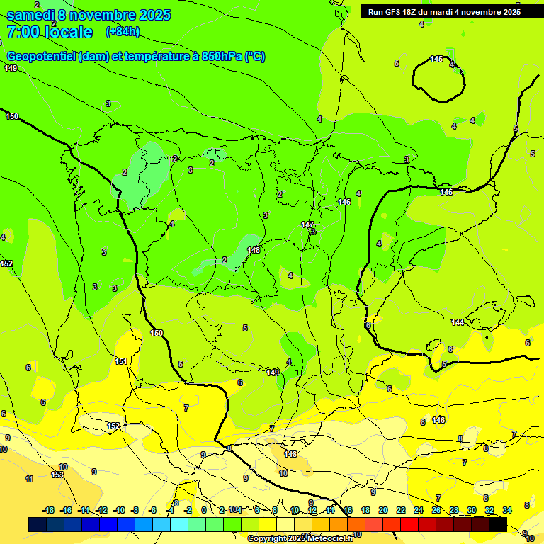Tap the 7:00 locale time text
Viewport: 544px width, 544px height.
point(50,32)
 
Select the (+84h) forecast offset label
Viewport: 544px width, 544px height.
point(123,32)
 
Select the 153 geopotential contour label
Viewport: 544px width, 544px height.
point(57,475)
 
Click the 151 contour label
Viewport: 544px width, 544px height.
point(121,362)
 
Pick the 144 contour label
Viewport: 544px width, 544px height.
point(458,322)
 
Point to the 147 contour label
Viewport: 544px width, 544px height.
point(307,225)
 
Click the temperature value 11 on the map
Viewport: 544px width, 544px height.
point(29,480)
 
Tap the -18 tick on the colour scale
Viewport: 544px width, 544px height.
point(49,510)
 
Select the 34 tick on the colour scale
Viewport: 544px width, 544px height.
point(507,510)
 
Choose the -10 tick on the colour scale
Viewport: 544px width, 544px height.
point(119,510)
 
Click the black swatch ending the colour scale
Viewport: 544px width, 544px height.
point(498,524)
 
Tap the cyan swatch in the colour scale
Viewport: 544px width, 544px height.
point(179,524)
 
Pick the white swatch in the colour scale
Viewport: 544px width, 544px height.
point(285,524)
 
